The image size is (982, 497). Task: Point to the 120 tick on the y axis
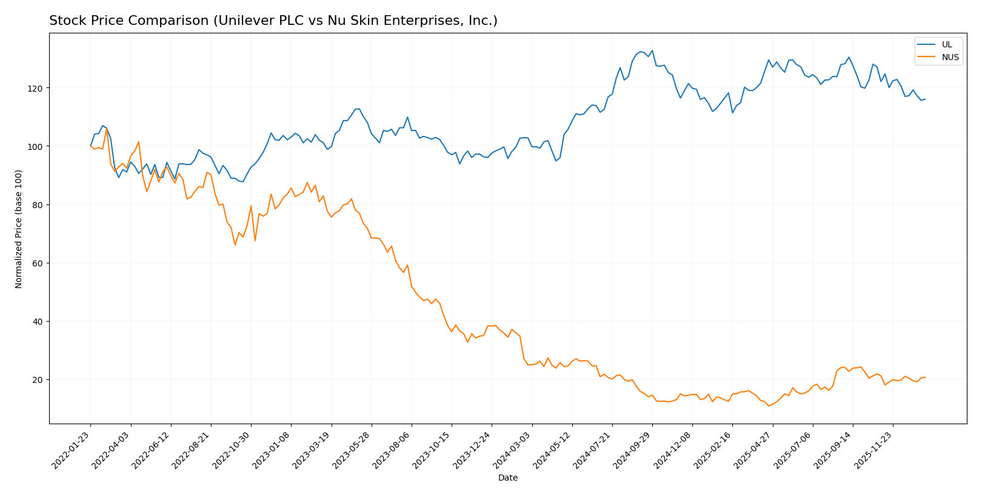pos(37,88)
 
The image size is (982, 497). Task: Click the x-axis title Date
pos(507,478)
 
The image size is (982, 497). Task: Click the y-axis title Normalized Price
pos(19,229)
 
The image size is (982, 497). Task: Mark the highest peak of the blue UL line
pos(652,50)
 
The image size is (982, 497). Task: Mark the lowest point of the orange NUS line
pos(769,405)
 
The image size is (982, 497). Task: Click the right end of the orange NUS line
pos(925,377)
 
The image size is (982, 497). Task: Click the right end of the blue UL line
pos(925,99)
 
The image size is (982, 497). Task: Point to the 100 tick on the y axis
pos(37,146)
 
